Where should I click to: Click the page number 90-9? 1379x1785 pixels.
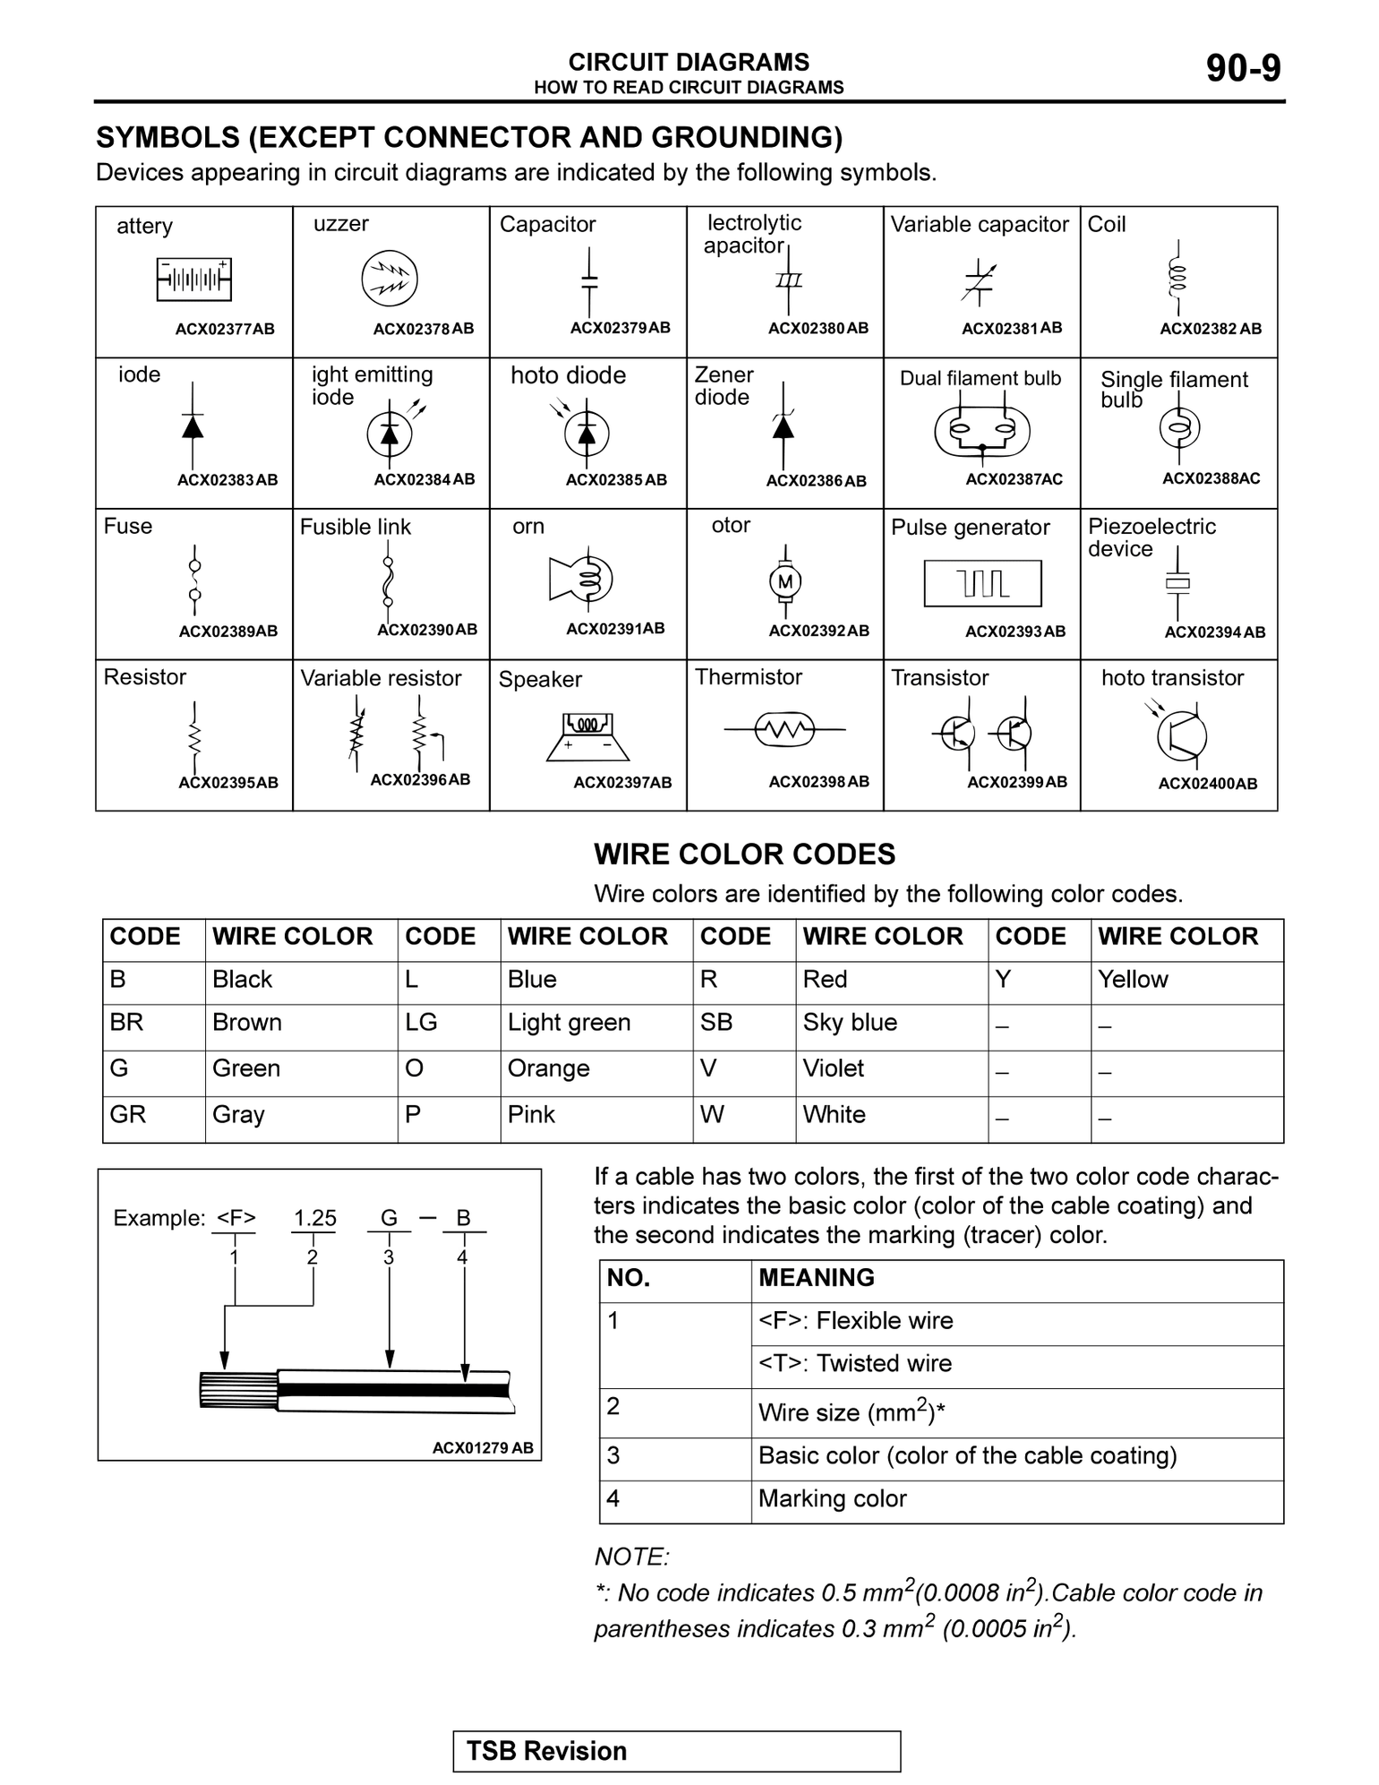1243,68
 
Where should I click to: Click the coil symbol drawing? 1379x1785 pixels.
1178,278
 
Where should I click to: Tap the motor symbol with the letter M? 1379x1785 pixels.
785,582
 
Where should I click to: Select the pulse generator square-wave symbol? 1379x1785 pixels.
982,584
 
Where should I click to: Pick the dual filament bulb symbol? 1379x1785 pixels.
982,433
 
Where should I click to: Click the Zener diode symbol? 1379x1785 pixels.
784,427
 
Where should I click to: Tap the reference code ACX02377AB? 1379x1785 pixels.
225,329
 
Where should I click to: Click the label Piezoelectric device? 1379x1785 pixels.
1152,537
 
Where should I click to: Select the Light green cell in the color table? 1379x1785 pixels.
569,1023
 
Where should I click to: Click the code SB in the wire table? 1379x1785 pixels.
715,1023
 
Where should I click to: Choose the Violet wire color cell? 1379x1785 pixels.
833,1068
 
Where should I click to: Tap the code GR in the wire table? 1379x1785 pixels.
127,1115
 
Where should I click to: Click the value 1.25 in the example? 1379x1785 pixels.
315,1218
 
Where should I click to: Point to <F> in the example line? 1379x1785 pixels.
236,1218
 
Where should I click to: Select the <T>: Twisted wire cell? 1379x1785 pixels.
854,1364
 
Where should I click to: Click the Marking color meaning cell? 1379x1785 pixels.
832,1499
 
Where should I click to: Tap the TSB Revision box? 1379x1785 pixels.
676,1751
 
